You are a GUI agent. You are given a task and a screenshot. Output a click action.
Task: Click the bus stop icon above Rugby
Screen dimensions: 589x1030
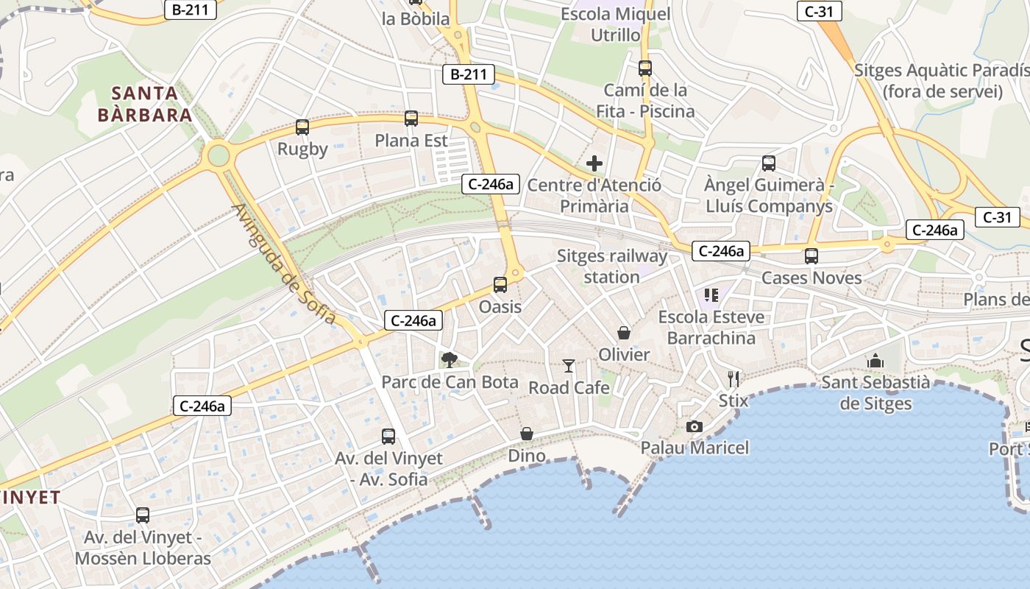[302, 127]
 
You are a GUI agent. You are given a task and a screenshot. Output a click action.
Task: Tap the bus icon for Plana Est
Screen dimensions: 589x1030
[411, 119]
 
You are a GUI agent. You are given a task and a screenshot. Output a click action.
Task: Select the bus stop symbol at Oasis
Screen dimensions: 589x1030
[500, 285]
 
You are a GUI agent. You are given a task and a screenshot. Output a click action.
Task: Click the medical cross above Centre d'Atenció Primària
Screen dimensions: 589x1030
[594, 163]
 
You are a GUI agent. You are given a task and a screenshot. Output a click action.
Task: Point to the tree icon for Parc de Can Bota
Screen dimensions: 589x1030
[449, 360]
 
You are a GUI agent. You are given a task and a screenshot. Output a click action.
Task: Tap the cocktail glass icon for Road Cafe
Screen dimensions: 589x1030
[569, 365]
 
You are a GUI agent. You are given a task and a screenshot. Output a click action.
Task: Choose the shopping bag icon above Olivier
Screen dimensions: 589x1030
[624, 333]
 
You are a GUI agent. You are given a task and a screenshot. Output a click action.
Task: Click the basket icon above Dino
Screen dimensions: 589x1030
[527, 434]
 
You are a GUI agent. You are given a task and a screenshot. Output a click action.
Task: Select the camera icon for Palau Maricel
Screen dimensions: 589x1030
[694, 426]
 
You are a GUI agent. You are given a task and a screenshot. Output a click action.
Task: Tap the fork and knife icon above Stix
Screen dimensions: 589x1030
[733, 379]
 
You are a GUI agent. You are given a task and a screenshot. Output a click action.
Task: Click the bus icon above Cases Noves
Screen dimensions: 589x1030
[811, 256]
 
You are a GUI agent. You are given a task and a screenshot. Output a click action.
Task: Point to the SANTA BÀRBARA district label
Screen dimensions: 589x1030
[146, 104]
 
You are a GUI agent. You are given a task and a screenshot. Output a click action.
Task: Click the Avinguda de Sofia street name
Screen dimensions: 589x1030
[284, 263]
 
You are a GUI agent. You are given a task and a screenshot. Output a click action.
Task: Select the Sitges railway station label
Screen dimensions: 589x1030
[611, 267]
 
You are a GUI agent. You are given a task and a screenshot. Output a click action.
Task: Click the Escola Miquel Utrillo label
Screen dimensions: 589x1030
[616, 24]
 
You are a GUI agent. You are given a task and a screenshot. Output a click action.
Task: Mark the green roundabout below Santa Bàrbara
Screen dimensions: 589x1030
[219, 155]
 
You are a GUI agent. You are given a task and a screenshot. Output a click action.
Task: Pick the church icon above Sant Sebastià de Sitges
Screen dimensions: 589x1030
[876, 361]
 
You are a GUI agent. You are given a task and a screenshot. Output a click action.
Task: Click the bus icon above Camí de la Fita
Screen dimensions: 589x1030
[645, 68]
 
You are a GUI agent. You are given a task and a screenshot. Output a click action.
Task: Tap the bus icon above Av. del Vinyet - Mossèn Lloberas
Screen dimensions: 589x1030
[143, 515]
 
